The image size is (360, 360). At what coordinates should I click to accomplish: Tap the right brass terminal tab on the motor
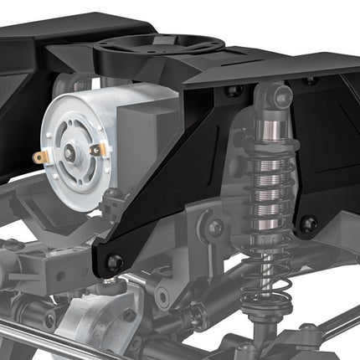click(96, 150)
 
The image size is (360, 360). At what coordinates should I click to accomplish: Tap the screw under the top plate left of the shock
click(235, 90)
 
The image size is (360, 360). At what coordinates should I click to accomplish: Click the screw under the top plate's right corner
click(311, 81)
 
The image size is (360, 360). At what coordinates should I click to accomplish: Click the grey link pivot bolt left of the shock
click(216, 227)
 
